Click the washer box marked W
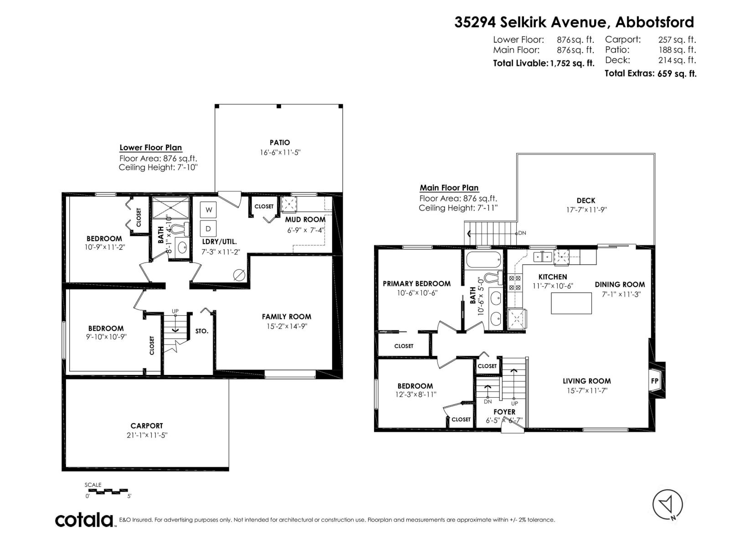(208, 210)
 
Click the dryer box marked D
(208, 229)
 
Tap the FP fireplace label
(655, 381)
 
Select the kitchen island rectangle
(571, 303)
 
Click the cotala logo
(84, 520)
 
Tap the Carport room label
(147, 426)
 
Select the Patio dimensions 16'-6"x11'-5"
(280, 153)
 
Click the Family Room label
(287, 317)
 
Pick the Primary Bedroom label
(416, 283)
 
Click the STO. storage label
(202, 331)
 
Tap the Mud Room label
(305, 219)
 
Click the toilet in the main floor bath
(493, 277)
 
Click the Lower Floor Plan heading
(150, 147)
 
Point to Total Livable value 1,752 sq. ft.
(572, 64)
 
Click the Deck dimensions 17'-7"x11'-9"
(585, 210)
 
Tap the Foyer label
(504, 412)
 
